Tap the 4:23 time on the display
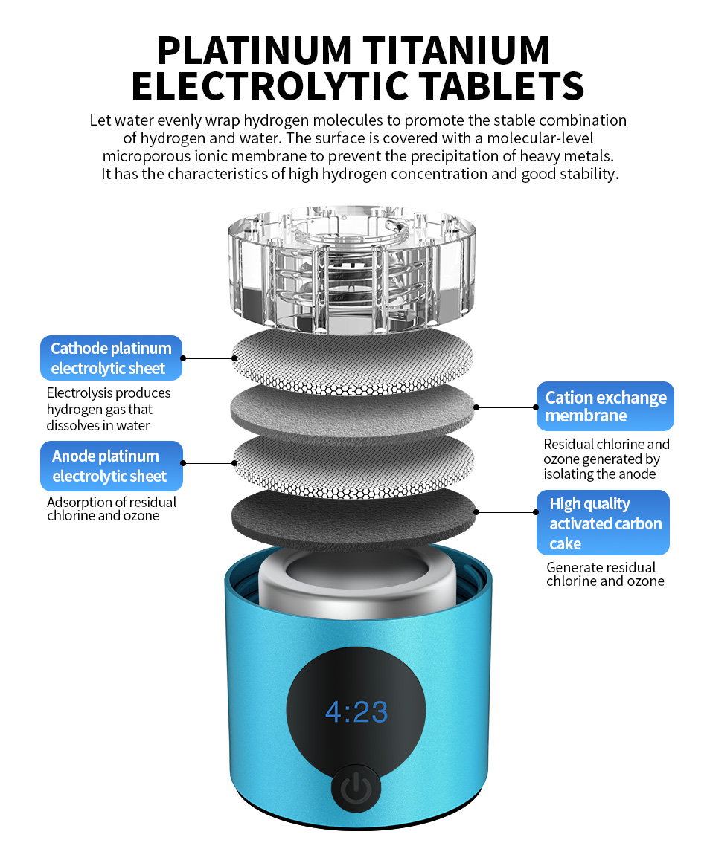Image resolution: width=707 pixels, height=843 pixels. (x=356, y=712)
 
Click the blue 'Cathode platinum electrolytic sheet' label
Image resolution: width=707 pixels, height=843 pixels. (x=112, y=358)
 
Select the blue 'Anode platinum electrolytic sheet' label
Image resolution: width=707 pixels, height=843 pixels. (x=112, y=465)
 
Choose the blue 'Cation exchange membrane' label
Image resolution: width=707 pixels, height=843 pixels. (x=605, y=407)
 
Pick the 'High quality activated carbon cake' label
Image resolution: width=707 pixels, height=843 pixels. (x=603, y=523)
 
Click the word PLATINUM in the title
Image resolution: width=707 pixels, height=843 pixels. (x=254, y=51)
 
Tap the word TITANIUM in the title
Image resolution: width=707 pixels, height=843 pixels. (x=456, y=51)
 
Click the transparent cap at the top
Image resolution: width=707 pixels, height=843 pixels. (x=352, y=269)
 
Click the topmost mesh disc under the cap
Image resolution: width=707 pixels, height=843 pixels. (x=353, y=362)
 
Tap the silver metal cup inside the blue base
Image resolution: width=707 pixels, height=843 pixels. (x=356, y=581)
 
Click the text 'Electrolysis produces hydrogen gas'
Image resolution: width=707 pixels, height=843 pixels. (x=109, y=401)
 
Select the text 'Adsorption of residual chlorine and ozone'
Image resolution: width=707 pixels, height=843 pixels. (x=112, y=508)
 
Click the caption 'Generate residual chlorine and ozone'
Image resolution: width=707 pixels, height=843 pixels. (x=605, y=574)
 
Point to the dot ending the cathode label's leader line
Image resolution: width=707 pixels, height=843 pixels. (x=234, y=358)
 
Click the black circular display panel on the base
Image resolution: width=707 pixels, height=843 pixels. (x=356, y=710)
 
